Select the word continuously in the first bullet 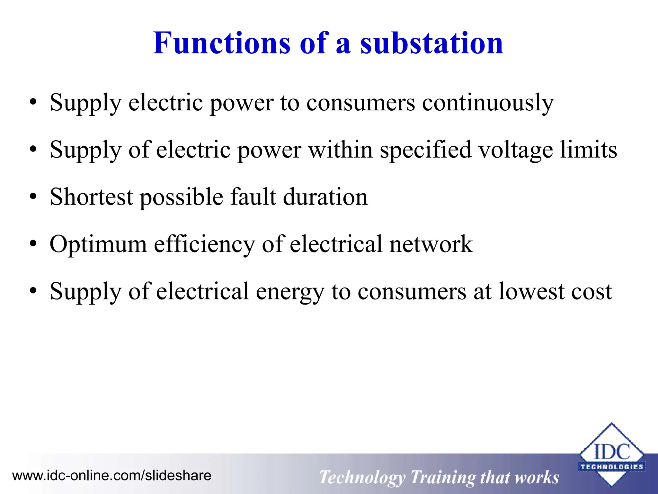point(488,103)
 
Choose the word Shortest point(92,197)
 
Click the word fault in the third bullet point(253,197)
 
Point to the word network point(431,244)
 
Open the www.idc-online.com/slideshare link point(112,476)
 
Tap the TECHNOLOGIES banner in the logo point(611,467)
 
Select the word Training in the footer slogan point(442,477)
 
